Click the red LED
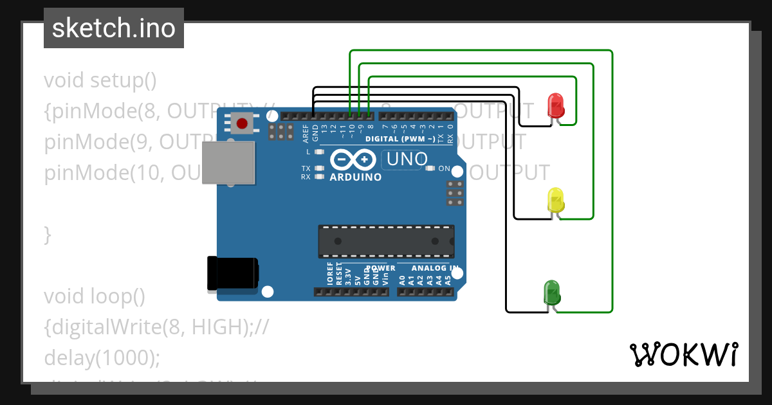point(555,105)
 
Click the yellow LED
point(555,200)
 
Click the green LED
point(551,292)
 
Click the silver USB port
point(228,163)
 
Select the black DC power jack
point(232,273)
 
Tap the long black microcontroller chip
point(386,241)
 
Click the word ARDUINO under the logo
point(355,177)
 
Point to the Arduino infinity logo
point(353,159)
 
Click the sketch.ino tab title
point(114,28)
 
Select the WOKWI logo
point(683,354)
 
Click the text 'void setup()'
point(100,80)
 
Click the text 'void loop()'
point(95,296)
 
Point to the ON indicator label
point(444,168)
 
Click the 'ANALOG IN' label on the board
point(435,268)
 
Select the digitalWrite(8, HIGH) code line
point(156,327)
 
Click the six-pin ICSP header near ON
point(455,193)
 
